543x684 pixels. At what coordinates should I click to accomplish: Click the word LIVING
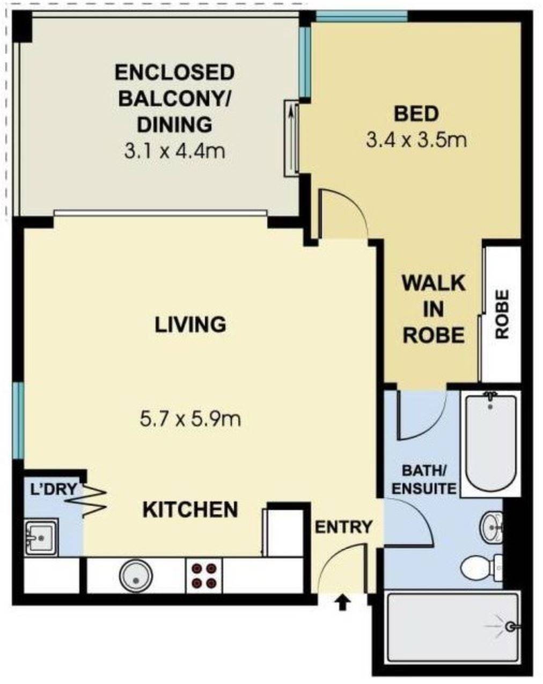(190, 324)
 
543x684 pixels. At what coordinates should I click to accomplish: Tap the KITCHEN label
(190, 509)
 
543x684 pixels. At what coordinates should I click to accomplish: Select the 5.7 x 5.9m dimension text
(190, 419)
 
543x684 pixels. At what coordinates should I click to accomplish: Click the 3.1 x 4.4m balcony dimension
(174, 151)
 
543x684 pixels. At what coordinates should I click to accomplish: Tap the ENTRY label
(343, 527)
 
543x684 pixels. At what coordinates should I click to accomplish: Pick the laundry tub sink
(41, 536)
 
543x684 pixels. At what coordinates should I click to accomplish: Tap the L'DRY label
(53, 489)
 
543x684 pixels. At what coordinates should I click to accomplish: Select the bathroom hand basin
(490, 528)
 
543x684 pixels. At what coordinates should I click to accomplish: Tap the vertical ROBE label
(502, 314)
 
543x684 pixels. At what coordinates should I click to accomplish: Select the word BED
(416, 114)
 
